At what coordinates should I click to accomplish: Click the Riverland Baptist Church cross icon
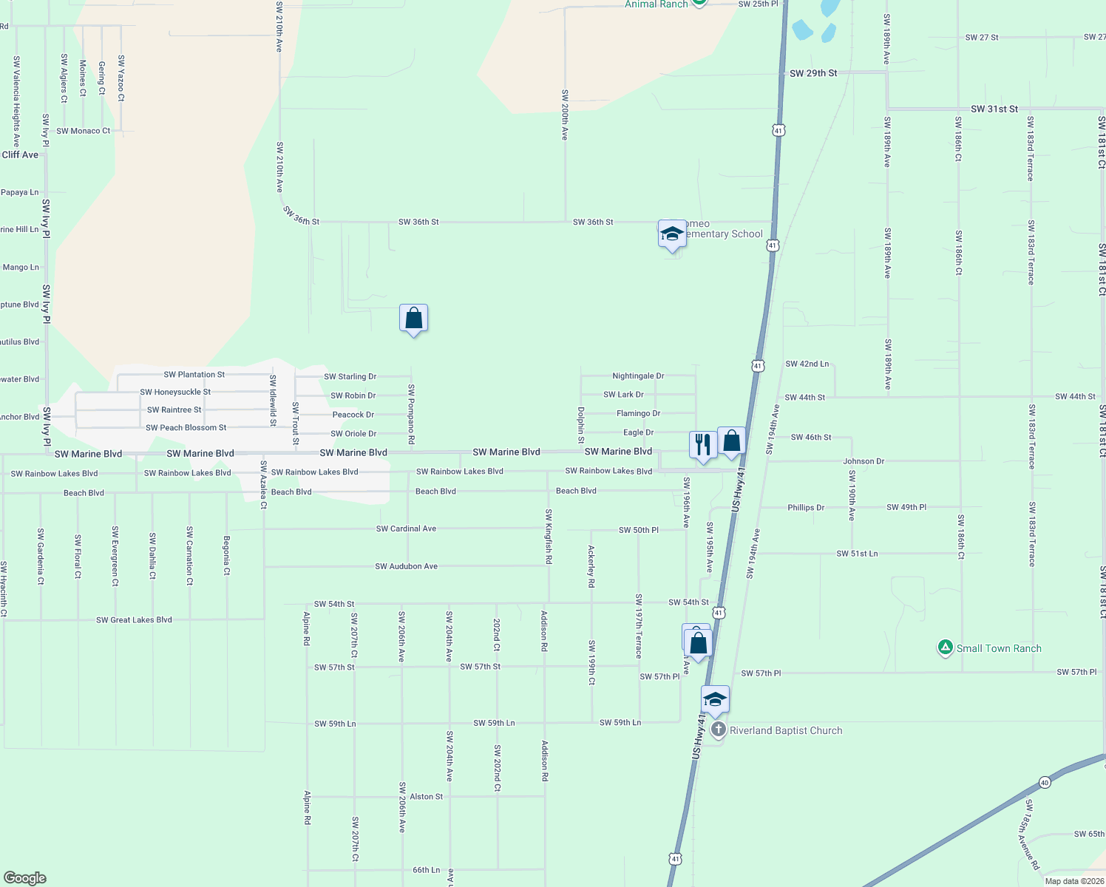pos(718,730)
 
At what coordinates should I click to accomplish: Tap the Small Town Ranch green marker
pos(945,648)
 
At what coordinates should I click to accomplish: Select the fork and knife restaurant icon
pos(703,445)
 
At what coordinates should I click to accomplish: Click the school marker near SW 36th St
pos(671,234)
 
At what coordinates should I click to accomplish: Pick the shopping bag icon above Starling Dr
pos(413,319)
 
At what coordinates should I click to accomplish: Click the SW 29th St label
pos(813,73)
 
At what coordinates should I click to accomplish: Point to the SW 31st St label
pos(994,109)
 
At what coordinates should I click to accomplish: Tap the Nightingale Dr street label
pos(638,376)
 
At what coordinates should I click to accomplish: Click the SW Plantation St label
pos(194,375)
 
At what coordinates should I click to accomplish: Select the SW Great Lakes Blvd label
pos(134,620)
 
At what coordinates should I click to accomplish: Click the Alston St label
pos(427,796)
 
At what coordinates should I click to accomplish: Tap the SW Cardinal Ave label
pos(406,529)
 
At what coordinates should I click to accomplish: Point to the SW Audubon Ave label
pos(406,566)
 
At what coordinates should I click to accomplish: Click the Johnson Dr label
pos(864,461)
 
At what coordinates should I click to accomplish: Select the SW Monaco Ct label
pos(83,131)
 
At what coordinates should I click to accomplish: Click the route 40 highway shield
pos(1044,782)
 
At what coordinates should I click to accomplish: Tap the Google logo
pos(25,877)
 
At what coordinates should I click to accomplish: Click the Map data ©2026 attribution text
pos(1074,881)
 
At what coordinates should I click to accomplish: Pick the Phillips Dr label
pos(805,508)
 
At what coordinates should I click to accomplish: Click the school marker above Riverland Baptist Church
pos(715,699)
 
